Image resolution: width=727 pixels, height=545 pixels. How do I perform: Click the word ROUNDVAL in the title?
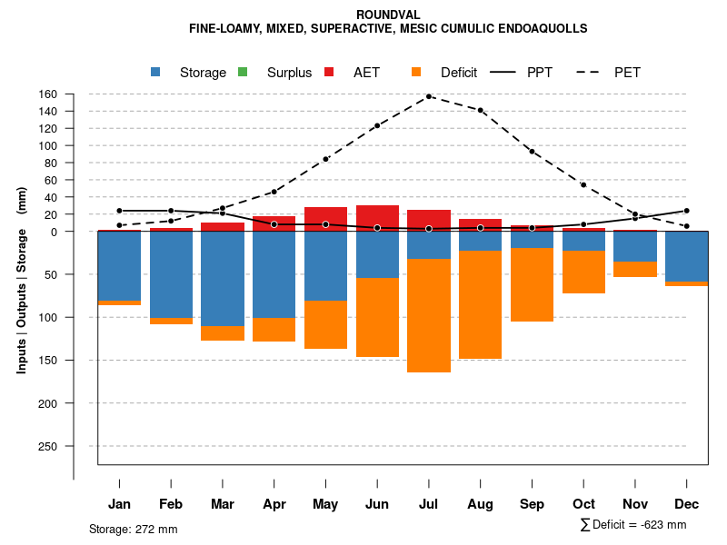pyautogui.click(x=388, y=15)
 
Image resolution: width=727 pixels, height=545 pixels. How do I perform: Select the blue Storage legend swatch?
pyautogui.click(x=155, y=72)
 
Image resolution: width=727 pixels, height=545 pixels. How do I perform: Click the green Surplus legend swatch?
pyautogui.click(x=243, y=72)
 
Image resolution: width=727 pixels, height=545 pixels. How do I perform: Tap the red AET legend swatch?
pyautogui.click(x=329, y=72)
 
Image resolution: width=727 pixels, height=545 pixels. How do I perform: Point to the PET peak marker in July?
pyautogui.click(x=429, y=96)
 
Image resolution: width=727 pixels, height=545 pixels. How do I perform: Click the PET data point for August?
pyautogui.click(x=481, y=111)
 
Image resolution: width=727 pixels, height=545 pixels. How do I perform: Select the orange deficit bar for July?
pyautogui.click(x=429, y=315)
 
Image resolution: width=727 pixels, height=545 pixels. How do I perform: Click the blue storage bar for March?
pyautogui.click(x=223, y=278)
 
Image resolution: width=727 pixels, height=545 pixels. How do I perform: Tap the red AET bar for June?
pyautogui.click(x=377, y=218)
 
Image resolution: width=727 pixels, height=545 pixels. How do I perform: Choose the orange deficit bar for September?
pyautogui.click(x=533, y=284)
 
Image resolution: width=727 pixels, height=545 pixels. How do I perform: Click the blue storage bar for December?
pyautogui.click(x=687, y=256)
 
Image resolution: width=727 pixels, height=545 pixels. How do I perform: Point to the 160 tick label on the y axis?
pyautogui.click(x=48, y=94)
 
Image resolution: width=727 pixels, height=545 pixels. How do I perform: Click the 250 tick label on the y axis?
pyautogui.click(x=48, y=446)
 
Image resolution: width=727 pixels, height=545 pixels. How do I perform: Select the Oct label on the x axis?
pyautogui.click(x=583, y=504)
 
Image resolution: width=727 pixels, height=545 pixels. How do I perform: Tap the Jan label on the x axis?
pyautogui.click(x=119, y=504)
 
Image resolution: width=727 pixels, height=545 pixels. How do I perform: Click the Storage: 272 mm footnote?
pyautogui.click(x=134, y=529)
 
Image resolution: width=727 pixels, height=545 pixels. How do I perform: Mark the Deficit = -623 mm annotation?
pyautogui.click(x=633, y=525)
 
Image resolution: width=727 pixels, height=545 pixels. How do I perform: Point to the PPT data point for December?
pyautogui.click(x=687, y=211)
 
